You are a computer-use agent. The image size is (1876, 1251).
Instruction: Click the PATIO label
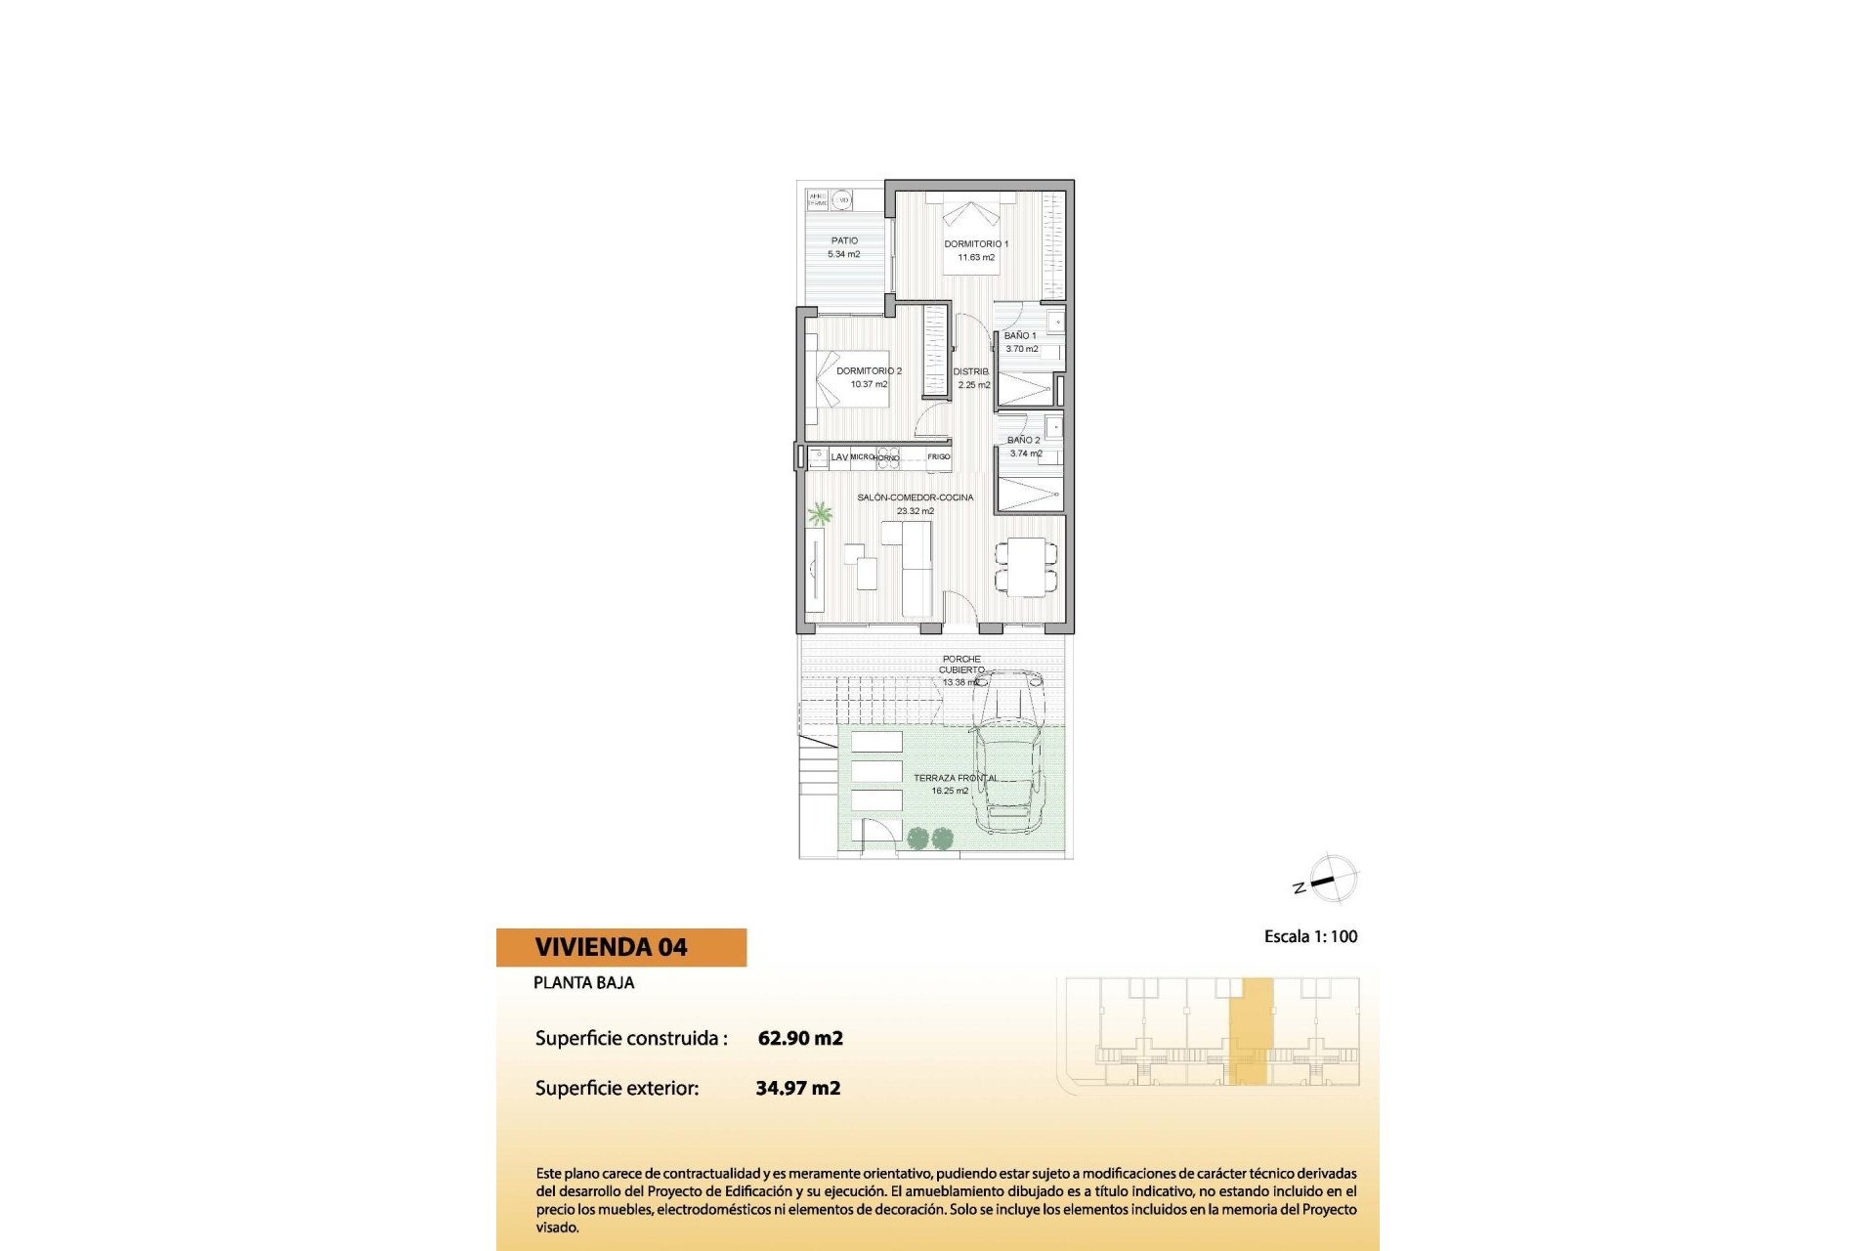tap(844, 240)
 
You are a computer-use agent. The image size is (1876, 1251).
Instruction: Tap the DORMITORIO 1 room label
tap(975, 244)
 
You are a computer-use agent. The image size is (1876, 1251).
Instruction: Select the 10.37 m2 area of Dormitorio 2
tap(869, 384)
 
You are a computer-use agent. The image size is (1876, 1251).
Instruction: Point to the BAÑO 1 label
tap(1020, 335)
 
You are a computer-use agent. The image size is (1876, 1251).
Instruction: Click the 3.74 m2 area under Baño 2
tap(1025, 453)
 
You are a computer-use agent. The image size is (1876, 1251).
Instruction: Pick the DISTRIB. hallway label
tap(971, 371)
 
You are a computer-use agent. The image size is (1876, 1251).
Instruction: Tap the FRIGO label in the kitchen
tap(938, 456)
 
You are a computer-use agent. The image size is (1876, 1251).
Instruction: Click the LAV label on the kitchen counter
tap(839, 456)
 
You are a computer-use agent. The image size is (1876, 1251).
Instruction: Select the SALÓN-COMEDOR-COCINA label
tap(915, 497)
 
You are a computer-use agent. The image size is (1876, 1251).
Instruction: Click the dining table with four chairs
tap(1026, 567)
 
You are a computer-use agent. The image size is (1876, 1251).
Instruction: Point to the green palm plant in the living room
tap(819, 513)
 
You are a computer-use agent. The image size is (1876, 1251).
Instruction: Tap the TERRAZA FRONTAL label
tap(955, 778)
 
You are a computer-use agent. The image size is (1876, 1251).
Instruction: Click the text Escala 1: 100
tap(1310, 936)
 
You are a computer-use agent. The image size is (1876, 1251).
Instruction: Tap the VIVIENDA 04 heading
tap(611, 947)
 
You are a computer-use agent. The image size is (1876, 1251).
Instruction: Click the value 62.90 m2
tap(800, 1038)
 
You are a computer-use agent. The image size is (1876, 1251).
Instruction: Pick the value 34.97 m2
tap(798, 1088)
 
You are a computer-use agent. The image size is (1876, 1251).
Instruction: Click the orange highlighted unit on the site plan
tap(1251, 1031)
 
